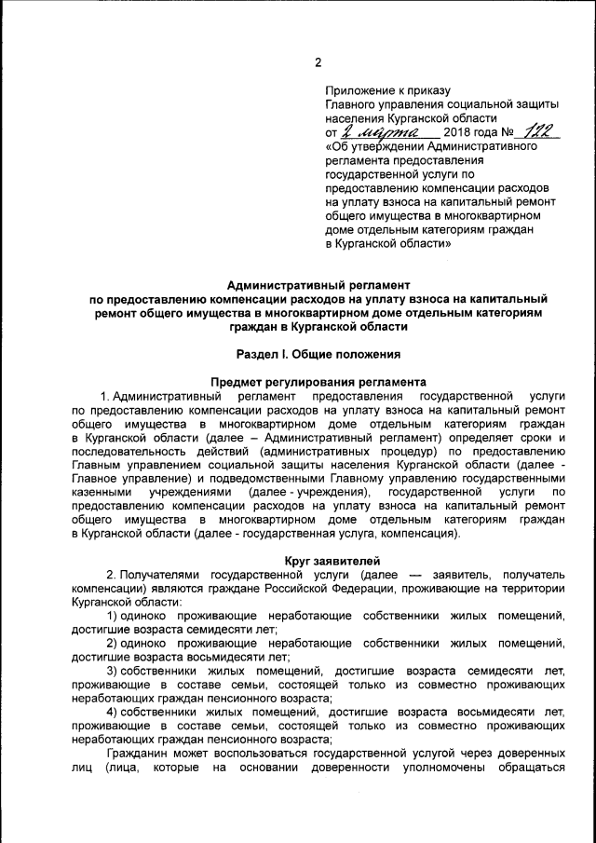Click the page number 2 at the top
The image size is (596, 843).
[318, 63]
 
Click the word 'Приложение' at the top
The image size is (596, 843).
[358, 91]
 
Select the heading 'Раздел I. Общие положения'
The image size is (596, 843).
[318, 354]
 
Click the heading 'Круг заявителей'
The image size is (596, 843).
[318, 561]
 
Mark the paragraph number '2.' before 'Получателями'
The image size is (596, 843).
[111, 575]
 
